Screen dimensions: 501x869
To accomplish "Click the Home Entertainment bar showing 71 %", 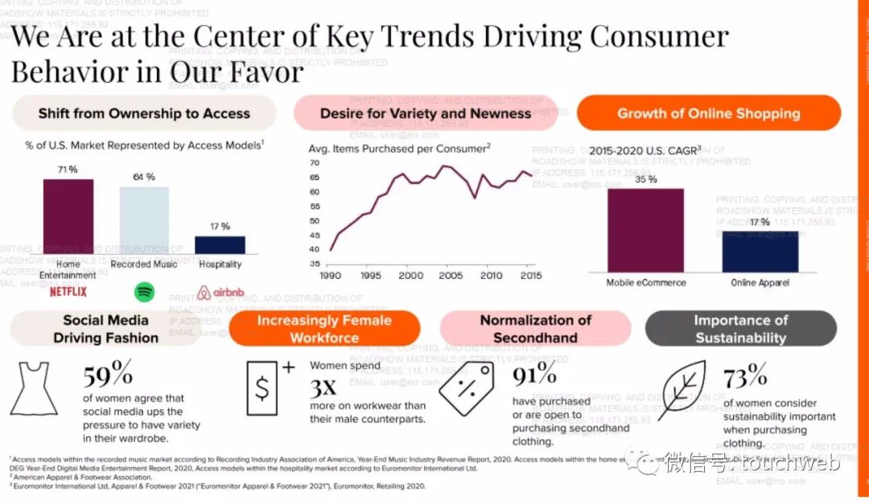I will [x=68, y=216].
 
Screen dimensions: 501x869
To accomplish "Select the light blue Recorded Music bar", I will [x=145, y=220].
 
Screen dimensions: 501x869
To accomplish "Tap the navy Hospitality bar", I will [x=220, y=245].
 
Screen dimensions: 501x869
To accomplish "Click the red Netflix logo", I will [x=68, y=291].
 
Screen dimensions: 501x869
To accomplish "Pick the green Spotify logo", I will [x=145, y=291].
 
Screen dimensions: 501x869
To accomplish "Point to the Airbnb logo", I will [x=220, y=293].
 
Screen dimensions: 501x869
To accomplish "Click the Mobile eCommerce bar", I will [x=645, y=230].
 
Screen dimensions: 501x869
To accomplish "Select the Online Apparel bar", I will [x=760, y=252].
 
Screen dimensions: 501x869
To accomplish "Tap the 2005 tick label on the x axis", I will [x=451, y=276].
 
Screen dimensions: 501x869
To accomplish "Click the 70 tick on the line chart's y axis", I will [x=315, y=163].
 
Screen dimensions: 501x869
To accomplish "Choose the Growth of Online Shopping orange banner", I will [x=708, y=113].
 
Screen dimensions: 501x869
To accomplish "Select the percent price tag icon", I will [x=465, y=388].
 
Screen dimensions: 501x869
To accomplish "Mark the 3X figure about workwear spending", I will [x=323, y=388].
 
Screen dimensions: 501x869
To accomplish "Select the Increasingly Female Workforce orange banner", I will [x=324, y=328].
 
